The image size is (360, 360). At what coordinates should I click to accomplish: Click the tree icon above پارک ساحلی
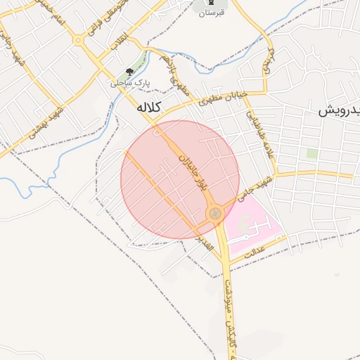tap(129, 72)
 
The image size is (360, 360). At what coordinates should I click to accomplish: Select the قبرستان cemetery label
tap(211, 13)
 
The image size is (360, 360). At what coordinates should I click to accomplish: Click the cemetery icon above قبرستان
tap(210, 3)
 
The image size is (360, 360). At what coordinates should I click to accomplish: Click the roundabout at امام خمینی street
tap(79, 41)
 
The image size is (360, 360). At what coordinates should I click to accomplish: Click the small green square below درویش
tap(311, 153)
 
